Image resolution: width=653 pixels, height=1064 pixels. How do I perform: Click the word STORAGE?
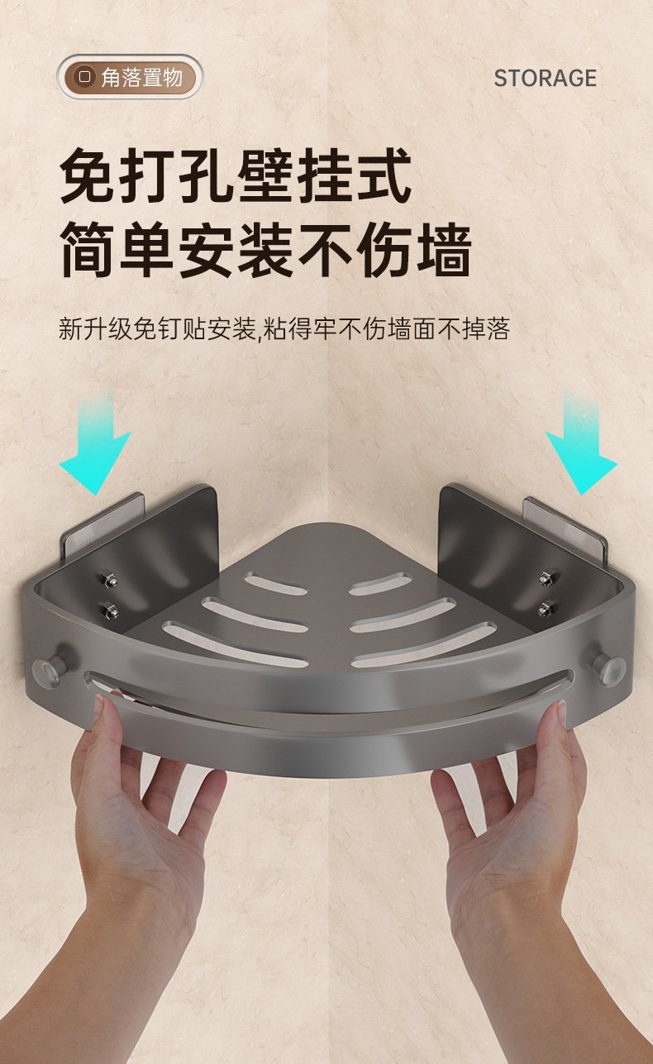545,78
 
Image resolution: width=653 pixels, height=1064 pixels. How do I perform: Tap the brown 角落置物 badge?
130,78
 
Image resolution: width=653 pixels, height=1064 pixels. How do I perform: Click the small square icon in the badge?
85,76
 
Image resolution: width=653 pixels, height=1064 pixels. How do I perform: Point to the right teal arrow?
581,445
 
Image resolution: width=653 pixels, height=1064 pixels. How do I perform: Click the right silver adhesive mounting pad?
564,526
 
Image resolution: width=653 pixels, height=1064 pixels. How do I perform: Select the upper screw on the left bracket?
107,579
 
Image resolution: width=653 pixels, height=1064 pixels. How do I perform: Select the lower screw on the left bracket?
110,610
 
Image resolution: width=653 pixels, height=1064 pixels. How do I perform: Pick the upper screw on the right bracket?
548,578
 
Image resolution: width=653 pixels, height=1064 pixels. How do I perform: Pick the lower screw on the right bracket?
546,608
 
